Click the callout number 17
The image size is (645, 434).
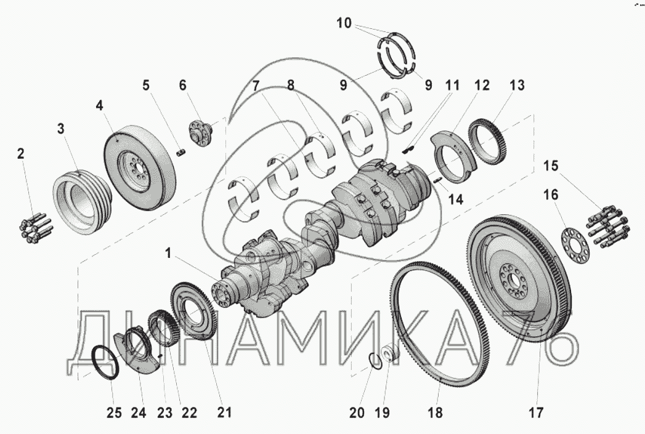click(536, 412)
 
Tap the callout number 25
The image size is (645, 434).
click(114, 412)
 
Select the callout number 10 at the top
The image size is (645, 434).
click(344, 23)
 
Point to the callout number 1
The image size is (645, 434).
click(168, 253)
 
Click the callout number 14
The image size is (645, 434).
click(456, 199)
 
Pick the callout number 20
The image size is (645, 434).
click(357, 412)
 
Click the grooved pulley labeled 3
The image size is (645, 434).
click(82, 202)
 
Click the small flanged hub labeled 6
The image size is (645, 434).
click(201, 132)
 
